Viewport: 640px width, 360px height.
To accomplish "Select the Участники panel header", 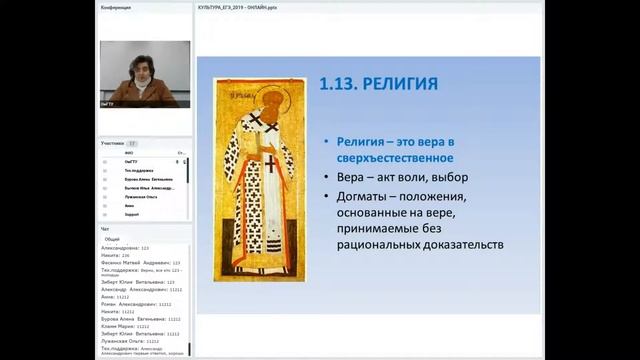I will [112, 143].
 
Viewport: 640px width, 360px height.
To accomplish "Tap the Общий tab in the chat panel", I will [113, 240].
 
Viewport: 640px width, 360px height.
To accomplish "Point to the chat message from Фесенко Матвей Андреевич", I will [140, 262].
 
